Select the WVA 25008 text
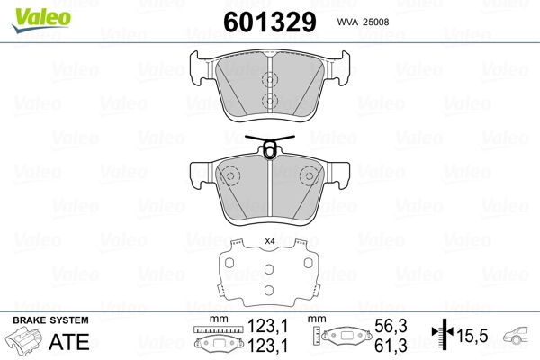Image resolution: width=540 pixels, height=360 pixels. pos(364,22)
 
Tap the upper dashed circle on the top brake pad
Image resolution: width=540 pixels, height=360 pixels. pos(270,77)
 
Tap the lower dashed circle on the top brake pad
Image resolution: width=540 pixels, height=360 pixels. pos(270,101)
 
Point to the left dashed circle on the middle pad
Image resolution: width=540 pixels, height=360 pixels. pos(230,175)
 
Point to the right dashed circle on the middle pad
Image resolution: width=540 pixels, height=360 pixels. pos(310,175)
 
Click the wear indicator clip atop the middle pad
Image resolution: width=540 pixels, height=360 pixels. pos(269,147)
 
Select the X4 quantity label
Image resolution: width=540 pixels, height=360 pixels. pos(269,240)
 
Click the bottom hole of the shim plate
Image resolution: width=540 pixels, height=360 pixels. pos(269,290)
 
